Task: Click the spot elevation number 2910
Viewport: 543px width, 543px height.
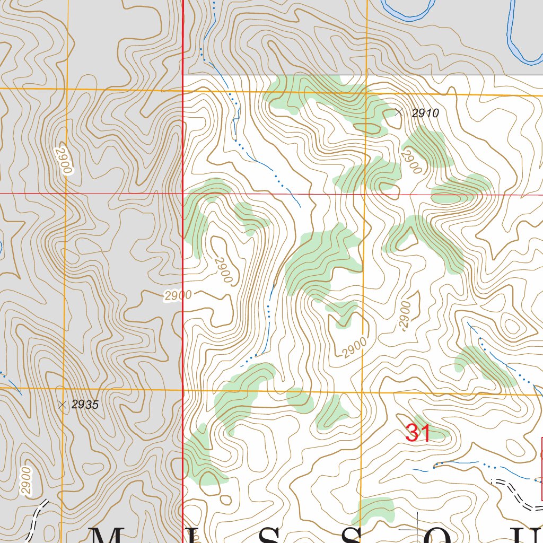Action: pyautogui.click(x=425, y=113)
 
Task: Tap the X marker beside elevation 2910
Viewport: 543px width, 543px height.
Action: pyautogui.click(x=399, y=112)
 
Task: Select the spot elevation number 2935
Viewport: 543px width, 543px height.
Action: pyautogui.click(x=85, y=405)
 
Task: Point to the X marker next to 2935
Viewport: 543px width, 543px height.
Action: pyautogui.click(x=63, y=405)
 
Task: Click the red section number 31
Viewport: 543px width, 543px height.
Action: pyautogui.click(x=417, y=433)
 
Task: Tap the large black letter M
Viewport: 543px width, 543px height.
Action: pyautogui.click(x=109, y=535)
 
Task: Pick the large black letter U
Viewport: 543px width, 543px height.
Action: pyautogui.click(x=533, y=535)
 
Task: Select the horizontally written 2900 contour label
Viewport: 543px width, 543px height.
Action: pyautogui.click(x=178, y=296)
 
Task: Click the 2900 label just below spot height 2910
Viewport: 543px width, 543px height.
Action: pyautogui.click(x=411, y=162)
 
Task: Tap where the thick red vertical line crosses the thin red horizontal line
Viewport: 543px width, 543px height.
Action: pyautogui.click(x=183, y=194)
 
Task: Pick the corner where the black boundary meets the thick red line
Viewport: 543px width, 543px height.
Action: pyautogui.click(x=183, y=75)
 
